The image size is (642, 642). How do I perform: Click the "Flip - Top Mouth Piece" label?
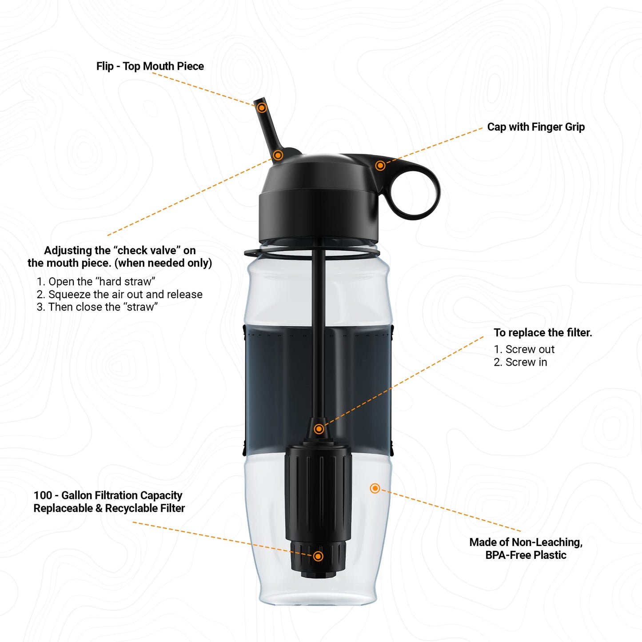[x=150, y=66]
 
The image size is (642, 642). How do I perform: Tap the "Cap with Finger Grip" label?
[x=536, y=127]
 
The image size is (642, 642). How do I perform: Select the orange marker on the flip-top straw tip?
[x=262, y=108]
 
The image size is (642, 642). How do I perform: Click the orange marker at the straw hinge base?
[x=278, y=155]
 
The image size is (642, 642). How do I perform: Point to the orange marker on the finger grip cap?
[x=380, y=166]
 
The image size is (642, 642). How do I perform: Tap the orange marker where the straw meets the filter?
[x=319, y=429]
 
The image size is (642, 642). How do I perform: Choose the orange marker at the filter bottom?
[x=318, y=556]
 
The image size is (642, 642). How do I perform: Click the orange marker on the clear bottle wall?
[x=375, y=489]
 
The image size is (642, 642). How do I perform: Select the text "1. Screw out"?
[x=524, y=350]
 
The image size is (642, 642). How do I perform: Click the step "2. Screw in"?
[x=520, y=363]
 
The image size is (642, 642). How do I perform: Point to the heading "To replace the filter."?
[x=542, y=333]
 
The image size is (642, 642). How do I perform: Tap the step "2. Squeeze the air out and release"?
[x=120, y=295]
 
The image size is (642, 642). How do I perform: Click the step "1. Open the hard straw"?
[x=96, y=282]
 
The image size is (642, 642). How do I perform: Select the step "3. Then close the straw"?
[x=97, y=307]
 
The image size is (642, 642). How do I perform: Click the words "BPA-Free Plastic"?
[x=526, y=555]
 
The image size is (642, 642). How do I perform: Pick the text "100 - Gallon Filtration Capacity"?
[x=108, y=495]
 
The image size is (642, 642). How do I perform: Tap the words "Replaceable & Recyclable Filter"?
[x=109, y=508]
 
